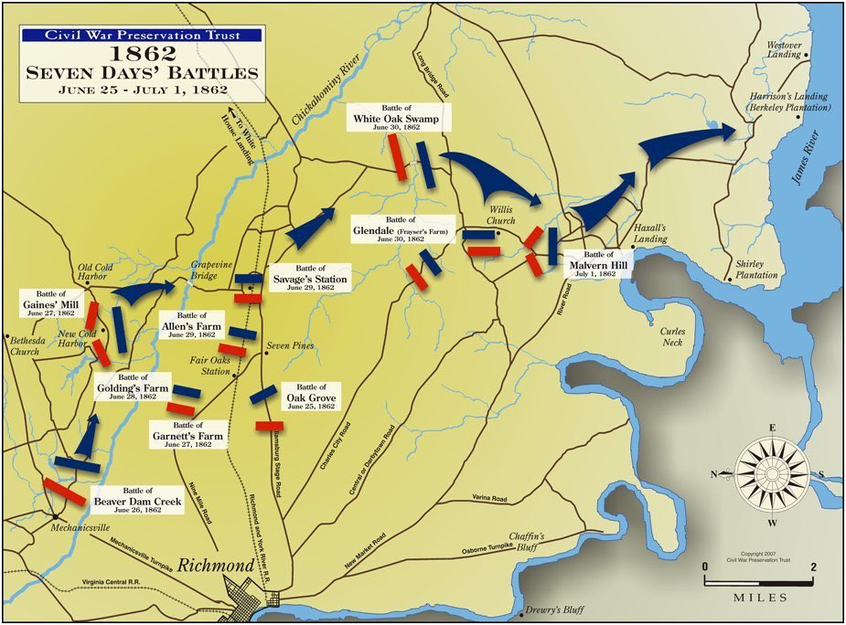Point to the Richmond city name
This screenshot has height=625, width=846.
(215, 567)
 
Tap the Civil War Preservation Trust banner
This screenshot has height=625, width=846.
(142, 35)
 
